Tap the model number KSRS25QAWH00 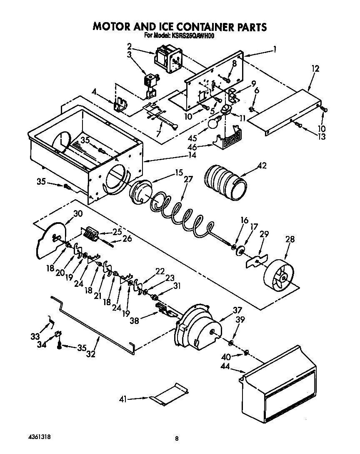[192, 36]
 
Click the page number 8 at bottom [177, 438]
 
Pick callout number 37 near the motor [237, 310]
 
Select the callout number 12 [315, 69]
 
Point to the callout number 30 [77, 213]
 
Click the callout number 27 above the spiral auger [188, 180]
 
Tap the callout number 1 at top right [274, 49]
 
